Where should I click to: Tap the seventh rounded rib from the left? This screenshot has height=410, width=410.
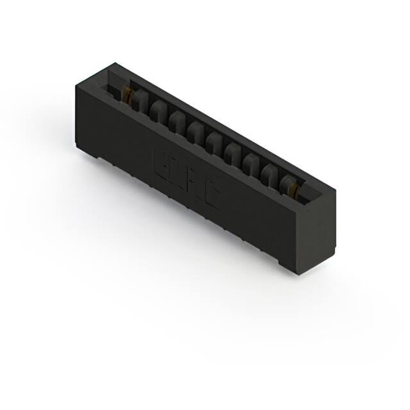click(x=252, y=162)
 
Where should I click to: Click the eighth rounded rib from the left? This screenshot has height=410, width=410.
click(x=270, y=172)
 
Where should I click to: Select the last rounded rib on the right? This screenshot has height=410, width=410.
click(x=287, y=182)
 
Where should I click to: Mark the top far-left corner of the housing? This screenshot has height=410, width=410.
click(x=115, y=64)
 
